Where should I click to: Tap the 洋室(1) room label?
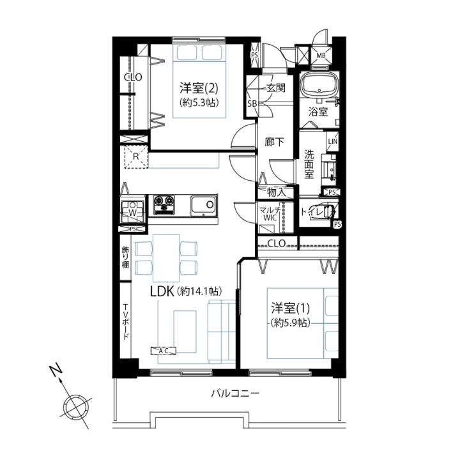tap(291, 308)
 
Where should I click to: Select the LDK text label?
tap(163, 291)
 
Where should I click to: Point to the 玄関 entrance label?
tap(275, 88)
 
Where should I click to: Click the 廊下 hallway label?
tap(274, 142)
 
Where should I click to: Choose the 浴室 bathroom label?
tap(318, 112)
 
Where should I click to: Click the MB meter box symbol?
tap(321, 55)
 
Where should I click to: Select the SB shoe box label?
tap(252, 103)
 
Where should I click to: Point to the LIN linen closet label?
tap(333, 141)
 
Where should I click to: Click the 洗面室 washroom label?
tap(309, 164)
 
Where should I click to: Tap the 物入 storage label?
tap(277, 192)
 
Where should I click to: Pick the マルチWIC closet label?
tap(270, 214)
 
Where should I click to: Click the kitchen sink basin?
tap(204, 206)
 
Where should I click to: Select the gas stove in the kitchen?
tap(164, 204)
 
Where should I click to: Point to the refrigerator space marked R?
tap(136, 156)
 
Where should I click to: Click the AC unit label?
tap(164, 351)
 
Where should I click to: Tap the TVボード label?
tap(125, 322)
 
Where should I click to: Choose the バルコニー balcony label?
tap(235, 393)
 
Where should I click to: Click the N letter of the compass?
tap(56, 370)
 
